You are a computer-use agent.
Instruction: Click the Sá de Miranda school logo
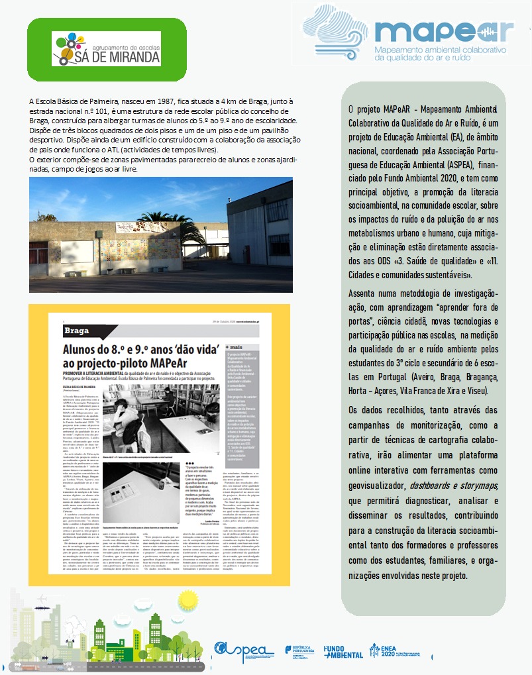106,48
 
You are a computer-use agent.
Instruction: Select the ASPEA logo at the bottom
242,651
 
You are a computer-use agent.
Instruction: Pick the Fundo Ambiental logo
343,652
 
